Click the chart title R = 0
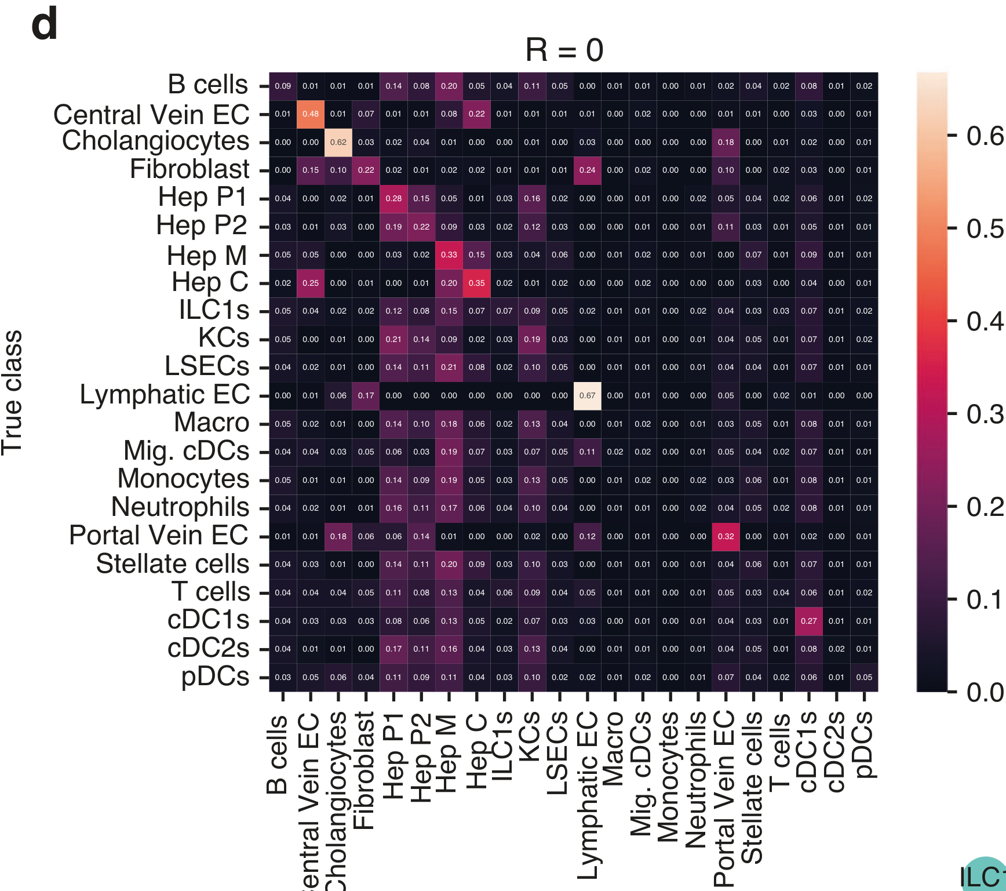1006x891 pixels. click(x=564, y=50)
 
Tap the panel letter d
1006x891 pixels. click(x=45, y=25)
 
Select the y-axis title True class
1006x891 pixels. click(x=12, y=392)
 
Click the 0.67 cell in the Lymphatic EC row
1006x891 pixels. click(x=587, y=396)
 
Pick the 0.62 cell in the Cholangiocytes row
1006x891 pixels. click(x=338, y=143)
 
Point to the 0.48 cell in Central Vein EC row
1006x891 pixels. click(x=311, y=114)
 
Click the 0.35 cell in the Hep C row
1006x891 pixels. click(x=476, y=283)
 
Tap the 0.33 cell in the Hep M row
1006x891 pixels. click(x=449, y=255)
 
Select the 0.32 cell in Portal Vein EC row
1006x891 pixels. click(x=726, y=537)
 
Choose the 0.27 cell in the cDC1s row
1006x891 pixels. click(x=808, y=621)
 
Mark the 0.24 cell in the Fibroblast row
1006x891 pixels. click(x=587, y=170)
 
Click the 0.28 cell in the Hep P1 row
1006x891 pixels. click(x=393, y=199)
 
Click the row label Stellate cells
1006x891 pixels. click(x=173, y=564)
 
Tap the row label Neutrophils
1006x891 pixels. click(x=180, y=507)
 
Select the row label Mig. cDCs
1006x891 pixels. click(x=187, y=451)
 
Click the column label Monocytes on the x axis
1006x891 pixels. click(x=669, y=777)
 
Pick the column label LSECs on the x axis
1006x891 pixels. click(x=558, y=753)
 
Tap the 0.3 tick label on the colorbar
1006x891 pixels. click(x=985, y=414)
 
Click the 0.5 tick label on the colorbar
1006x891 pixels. click(x=985, y=229)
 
